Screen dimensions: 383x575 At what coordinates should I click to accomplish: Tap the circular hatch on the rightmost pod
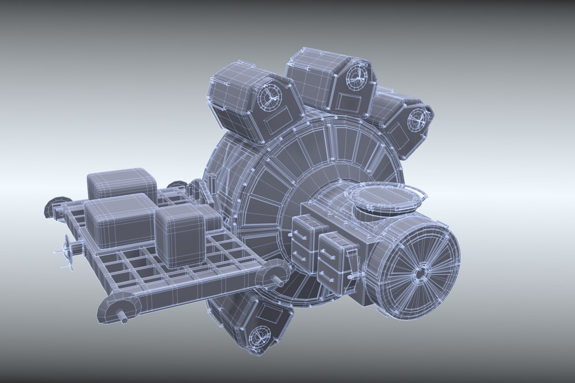tap(416, 121)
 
